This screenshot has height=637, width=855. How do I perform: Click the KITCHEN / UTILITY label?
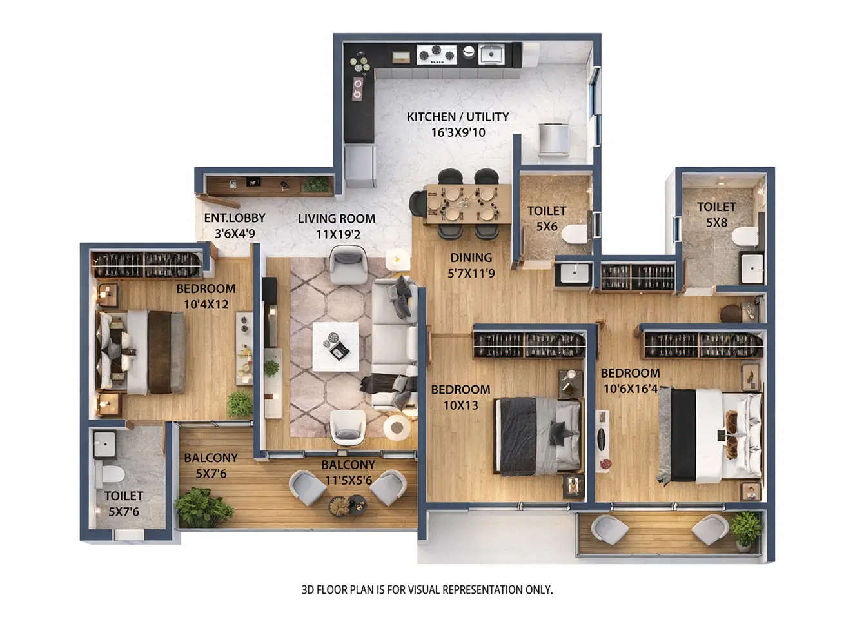pos(457,117)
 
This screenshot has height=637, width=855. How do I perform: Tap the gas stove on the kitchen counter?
pos(437,54)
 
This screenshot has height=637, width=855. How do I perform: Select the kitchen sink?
pos(491,54)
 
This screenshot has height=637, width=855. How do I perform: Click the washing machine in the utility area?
pos(553,139)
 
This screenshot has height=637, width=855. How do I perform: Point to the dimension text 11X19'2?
pos(338,234)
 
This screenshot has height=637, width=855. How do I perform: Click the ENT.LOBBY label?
pos(234,218)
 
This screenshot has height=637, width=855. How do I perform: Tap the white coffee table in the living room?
pos(335,347)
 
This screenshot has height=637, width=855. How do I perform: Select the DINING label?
pos(471,258)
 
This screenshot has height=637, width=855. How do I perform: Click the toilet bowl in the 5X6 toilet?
pos(573,234)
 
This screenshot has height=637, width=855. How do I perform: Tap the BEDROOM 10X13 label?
pos(460,397)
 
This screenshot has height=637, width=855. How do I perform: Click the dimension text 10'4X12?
pos(206,305)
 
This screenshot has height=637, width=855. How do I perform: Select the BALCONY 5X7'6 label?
pos(211,465)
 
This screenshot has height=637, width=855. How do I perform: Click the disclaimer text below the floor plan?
pos(427,589)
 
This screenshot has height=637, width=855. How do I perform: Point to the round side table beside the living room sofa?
pos(397,427)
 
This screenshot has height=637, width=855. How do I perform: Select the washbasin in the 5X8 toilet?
pos(751,268)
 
